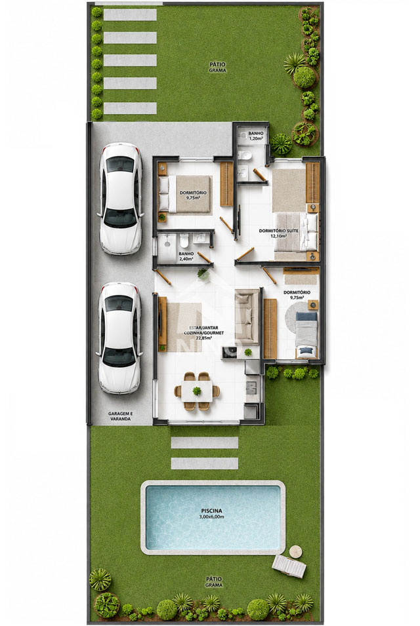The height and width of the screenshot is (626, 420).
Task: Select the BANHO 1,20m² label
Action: (x=256, y=136)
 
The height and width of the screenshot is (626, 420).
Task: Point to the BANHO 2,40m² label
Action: (x=186, y=256)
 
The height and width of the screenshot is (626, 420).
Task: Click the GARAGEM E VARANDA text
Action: (x=120, y=416)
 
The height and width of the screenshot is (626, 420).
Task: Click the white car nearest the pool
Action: (x=119, y=338)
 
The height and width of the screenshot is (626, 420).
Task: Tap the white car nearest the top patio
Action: (x=120, y=198)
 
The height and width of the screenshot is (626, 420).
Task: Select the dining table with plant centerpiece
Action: (x=197, y=391)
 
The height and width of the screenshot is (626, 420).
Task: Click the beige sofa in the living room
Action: (x=247, y=317)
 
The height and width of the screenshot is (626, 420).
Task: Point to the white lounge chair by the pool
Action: (x=289, y=566)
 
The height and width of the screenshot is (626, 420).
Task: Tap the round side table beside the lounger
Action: (x=296, y=552)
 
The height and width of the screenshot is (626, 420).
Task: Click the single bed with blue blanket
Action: (x=306, y=334)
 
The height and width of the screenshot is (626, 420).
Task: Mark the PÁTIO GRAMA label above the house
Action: (x=217, y=67)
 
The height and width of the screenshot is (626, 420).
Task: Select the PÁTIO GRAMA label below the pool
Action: (x=214, y=581)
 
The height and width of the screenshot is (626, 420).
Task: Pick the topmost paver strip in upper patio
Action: (x=130, y=15)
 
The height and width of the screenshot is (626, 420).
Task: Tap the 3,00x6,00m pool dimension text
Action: (x=212, y=517)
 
